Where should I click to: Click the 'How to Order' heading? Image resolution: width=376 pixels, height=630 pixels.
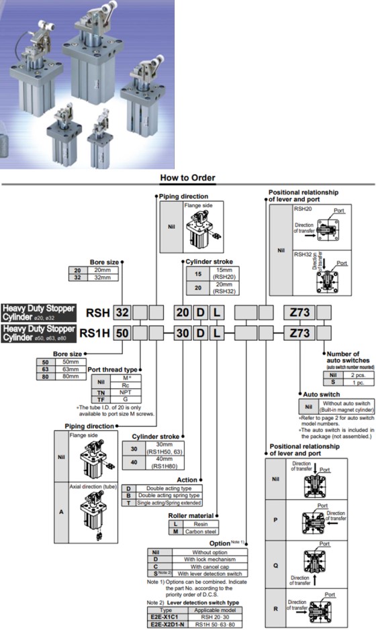[187, 178]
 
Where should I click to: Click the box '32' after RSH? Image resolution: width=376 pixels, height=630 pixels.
[121, 312]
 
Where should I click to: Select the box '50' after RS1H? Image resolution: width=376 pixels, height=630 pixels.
[121, 331]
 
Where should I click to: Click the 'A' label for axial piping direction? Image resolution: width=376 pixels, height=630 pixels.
[60, 511]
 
